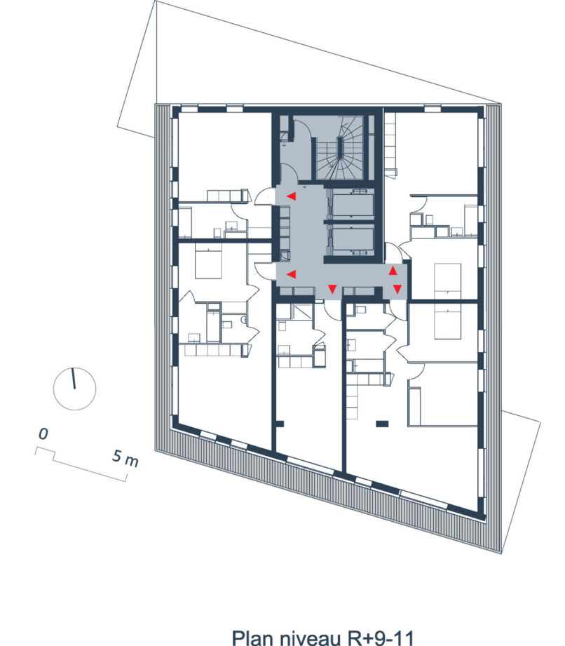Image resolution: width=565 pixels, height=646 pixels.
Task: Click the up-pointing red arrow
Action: click(393, 271)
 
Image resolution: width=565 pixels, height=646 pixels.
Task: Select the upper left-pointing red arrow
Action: click(292, 196)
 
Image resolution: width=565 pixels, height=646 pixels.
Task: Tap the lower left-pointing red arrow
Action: click(291, 274)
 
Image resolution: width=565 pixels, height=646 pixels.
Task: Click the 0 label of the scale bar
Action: click(43, 434)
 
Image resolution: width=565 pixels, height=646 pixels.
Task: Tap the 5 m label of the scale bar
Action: click(125, 458)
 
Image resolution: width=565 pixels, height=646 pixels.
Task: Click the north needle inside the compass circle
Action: click(74, 379)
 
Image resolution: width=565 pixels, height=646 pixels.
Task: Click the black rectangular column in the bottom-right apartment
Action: click(383, 423)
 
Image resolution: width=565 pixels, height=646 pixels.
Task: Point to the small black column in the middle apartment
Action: click(280, 423)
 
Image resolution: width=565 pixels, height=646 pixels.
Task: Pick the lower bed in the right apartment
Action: click(448, 323)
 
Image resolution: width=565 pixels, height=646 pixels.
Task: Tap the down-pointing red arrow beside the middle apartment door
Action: click(332, 289)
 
